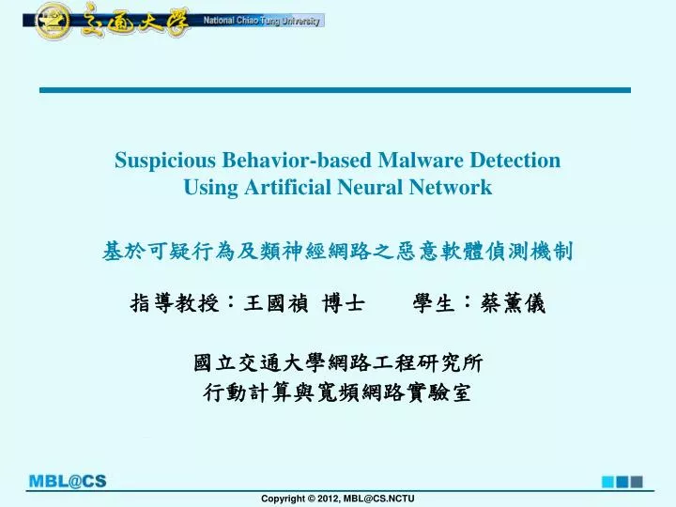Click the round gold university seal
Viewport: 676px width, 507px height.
53,20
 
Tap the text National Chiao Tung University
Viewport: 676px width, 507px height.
262,21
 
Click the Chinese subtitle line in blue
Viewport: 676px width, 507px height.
337,251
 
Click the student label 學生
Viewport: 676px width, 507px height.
435,302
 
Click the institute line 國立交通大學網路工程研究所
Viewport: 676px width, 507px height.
338,364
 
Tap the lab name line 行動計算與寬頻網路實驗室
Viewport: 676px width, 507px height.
338,393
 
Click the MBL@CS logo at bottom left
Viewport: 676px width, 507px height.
68,482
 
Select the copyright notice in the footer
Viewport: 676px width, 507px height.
338,498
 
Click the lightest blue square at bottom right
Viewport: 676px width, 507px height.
607,481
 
